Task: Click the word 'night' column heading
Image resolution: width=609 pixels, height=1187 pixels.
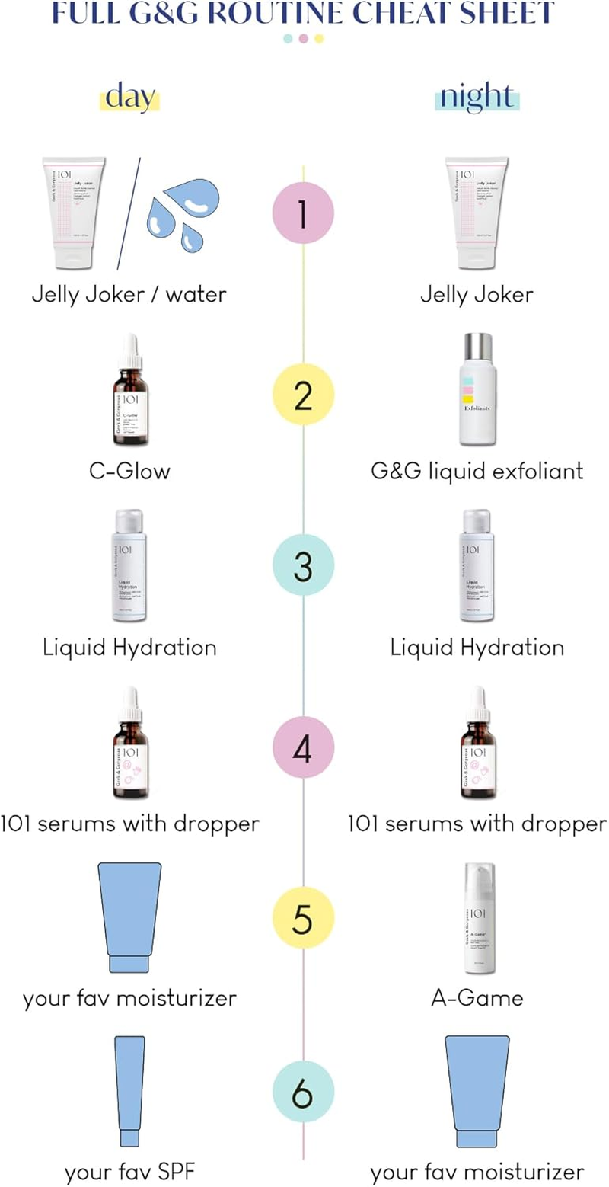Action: pyautogui.click(x=476, y=98)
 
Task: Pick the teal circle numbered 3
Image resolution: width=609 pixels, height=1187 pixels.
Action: pyautogui.click(x=303, y=567)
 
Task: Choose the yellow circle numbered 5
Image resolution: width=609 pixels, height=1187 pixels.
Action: pyautogui.click(x=303, y=919)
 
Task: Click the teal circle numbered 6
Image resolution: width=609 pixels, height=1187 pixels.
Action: pyautogui.click(x=303, y=1094)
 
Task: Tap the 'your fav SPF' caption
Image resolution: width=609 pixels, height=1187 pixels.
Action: pyautogui.click(x=129, y=1170)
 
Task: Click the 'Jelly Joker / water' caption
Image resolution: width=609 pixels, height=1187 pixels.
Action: pyautogui.click(x=129, y=294)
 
